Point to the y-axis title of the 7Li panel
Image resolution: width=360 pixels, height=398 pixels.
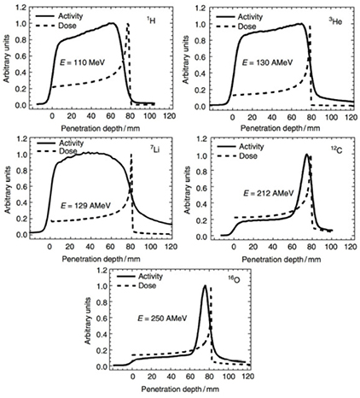click(x=7, y=185)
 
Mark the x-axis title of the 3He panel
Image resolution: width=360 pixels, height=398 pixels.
click(x=271, y=124)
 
